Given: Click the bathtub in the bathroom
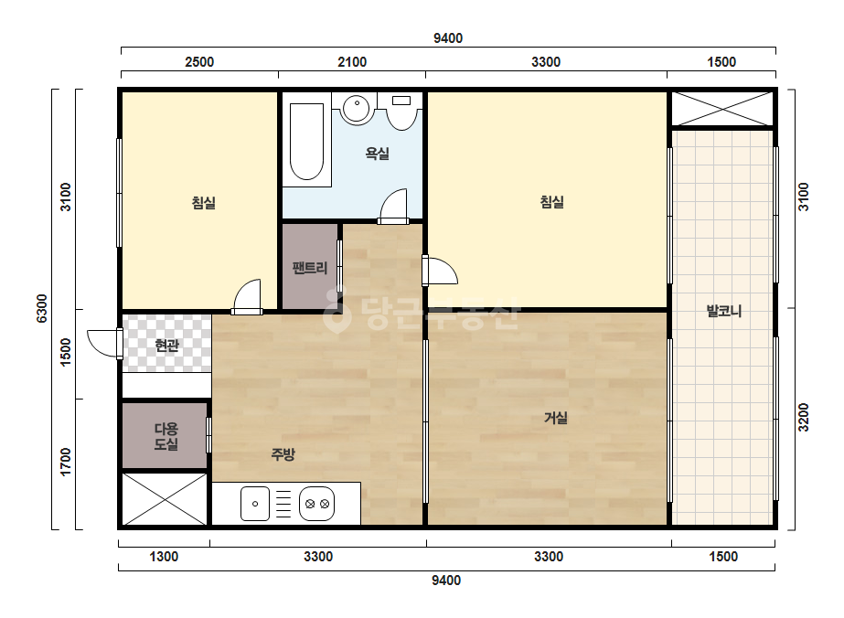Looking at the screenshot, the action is click(307, 140).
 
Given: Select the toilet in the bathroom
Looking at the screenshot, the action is click(402, 112).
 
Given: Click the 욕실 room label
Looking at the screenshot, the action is click(377, 154).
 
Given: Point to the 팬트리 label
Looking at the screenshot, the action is click(309, 268).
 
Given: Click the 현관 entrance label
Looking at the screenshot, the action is click(166, 345).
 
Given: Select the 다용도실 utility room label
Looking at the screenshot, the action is click(166, 437).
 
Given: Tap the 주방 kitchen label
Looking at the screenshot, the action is click(283, 455).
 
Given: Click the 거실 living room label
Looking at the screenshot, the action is click(555, 418).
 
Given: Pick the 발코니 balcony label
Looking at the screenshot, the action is click(724, 311).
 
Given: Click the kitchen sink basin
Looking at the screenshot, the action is click(254, 504).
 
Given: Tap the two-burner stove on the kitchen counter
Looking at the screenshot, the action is click(317, 504).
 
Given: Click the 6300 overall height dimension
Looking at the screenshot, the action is click(42, 308).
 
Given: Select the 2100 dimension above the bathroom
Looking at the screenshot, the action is click(352, 62).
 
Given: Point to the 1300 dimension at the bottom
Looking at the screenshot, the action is click(164, 556).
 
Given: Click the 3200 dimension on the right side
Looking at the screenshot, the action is click(803, 417).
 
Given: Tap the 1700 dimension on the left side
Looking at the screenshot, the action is click(66, 462).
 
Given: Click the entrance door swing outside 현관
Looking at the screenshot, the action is click(103, 343).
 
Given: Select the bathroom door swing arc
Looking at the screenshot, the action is click(393, 205).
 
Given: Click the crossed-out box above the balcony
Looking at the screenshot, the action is click(721, 110).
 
